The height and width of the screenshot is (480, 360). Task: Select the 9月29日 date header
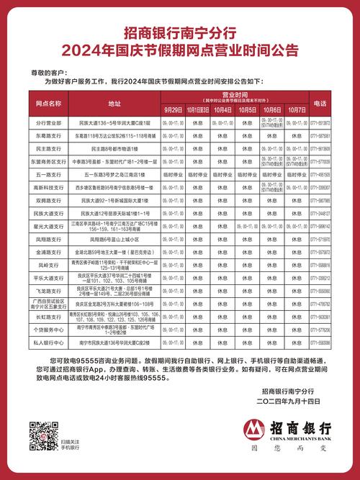point(174,109)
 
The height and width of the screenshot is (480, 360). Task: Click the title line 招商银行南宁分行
point(179,33)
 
